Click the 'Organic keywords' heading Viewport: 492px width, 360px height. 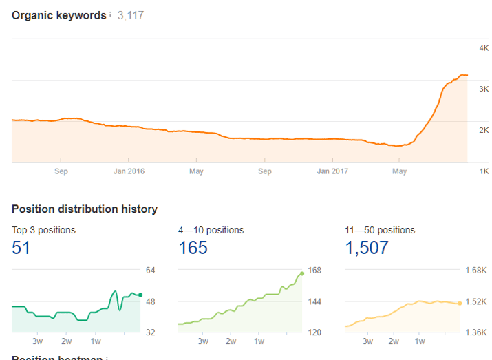coord(59,14)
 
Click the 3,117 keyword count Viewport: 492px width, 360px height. coord(130,15)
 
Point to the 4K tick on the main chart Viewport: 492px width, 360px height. coord(484,47)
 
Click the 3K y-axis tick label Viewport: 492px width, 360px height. coord(484,89)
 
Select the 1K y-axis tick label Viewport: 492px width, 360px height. coord(484,171)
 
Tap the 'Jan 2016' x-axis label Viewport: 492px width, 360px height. coord(129,171)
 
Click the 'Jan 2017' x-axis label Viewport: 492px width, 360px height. coord(332,171)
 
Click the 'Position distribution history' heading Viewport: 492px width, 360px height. coord(85,209)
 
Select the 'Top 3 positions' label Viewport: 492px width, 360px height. coord(44,230)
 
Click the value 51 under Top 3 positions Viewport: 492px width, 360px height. coord(21,248)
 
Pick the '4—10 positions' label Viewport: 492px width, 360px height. coord(211,230)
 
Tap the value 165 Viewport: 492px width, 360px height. coord(193,248)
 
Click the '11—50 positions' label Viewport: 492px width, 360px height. coord(380,230)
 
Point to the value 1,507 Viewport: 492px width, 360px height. coord(367,248)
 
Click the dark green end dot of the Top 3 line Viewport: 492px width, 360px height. coord(140,295)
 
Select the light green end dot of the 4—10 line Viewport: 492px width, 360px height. coord(301,274)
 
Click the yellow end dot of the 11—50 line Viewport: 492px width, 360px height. coord(460,303)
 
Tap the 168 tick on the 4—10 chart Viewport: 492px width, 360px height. coord(314,270)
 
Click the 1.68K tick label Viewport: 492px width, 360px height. coord(476,270)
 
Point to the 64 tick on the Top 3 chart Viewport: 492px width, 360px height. coord(151,270)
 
